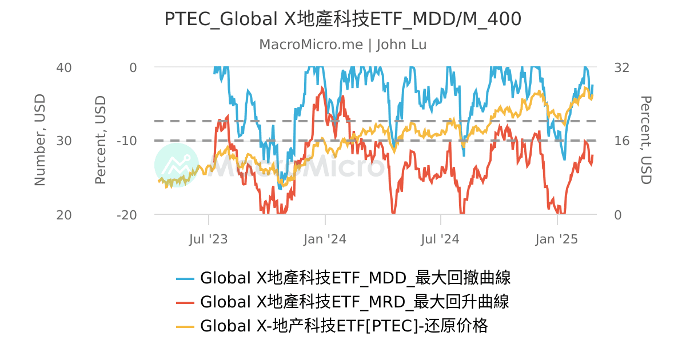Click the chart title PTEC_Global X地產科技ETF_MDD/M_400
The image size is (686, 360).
pyautogui.click(x=342, y=19)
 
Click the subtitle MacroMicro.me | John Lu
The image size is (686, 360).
pyautogui.click(x=342, y=45)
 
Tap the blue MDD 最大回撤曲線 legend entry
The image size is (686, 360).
pyautogui.click(x=355, y=278)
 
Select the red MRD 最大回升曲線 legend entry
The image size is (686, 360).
pyautogui.click(x=354, y=302)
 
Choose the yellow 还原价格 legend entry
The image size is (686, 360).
pyautogui.click(x=344, y=326)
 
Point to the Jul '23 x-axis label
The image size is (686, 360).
pyautogui.click(x=209, y=239)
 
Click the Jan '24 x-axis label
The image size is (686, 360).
pyautogui.click(x=325, y=239)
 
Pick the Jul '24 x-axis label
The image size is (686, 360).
pyautogui.click(x=441, y=239)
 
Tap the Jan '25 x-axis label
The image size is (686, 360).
pyautogui.click(x=557, y=239)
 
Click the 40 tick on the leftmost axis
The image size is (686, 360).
pyautogui.click(x=63, y=67)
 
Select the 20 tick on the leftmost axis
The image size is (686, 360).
pyautogui.click(x=63, y=215)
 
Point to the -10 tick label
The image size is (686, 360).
pyautogui.click(x=126, y=141)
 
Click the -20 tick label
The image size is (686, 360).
pyautogui.click(x=126, y=215)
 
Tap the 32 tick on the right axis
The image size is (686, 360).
pyautogui.click(x=621, y=67)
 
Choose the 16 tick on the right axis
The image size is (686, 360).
pyautogui.click(x=621, y=141)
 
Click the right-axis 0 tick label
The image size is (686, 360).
pyautogui.click(x=618, y=215)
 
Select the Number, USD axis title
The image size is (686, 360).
pyautogui.click(x=39, y=140)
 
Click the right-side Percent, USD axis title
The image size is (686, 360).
pyautogui.click(x=645, y=140)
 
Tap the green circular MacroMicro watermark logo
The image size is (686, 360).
pyautogui.click(x=176, y=165)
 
